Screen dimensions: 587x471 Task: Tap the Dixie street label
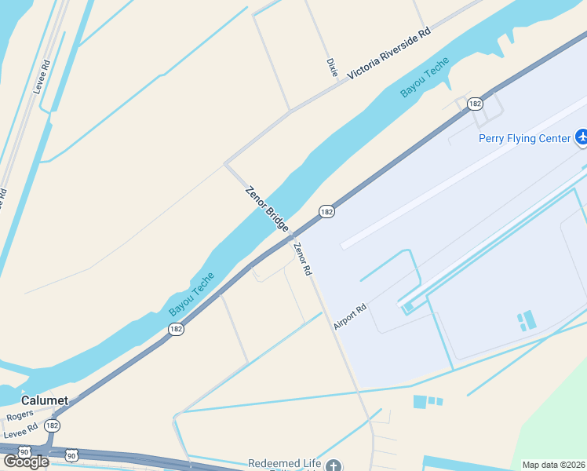332,67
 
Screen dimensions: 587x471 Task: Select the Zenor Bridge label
268,208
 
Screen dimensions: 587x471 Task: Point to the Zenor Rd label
303,258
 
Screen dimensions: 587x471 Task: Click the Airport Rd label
350,317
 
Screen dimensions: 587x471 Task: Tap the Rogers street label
20,415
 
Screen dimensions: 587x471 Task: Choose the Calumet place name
44,400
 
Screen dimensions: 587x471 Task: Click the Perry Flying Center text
524,138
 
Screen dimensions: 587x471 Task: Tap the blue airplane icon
582,137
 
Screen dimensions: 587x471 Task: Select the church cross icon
333,466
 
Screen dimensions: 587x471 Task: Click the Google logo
26,461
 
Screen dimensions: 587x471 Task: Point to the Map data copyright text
554,465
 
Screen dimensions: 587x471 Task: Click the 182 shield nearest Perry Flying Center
475,104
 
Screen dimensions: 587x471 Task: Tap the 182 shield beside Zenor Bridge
327,211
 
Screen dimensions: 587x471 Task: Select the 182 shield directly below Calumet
52,425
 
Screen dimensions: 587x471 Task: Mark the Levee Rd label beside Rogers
20,432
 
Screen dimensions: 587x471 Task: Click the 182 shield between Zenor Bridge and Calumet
176,329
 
